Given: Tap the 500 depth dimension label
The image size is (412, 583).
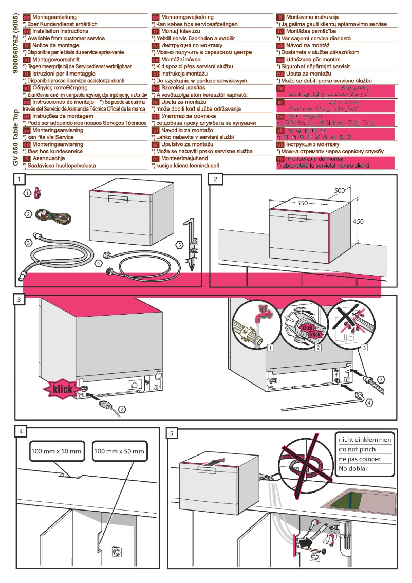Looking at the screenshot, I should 339,191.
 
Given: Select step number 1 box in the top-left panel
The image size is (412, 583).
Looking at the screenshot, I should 19,179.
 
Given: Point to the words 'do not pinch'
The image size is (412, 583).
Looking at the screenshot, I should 357,449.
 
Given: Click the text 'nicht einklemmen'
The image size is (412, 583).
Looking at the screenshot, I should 365,440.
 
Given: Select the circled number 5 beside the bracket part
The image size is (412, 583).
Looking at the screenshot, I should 179,245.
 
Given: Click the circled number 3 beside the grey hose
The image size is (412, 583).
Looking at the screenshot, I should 28,242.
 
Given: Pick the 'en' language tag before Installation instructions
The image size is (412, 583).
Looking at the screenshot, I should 27,31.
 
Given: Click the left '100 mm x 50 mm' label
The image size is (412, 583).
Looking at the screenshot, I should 57,451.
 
